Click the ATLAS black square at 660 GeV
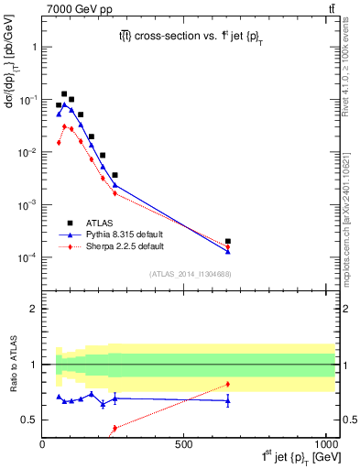(x=227, y=242)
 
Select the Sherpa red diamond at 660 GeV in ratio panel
(x=227, y=384)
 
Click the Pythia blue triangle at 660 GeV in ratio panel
(x=227, y=400)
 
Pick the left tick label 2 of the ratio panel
(x=33, y=309)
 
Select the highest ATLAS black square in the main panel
(x=64, y=93)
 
